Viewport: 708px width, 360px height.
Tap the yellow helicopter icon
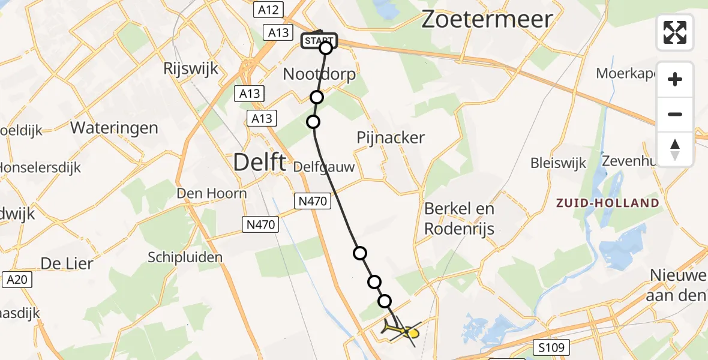click(401, 331)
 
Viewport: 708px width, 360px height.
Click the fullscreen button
click(675, 32)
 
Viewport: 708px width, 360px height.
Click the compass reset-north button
click(675, 149)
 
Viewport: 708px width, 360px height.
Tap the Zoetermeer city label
click(486, 19)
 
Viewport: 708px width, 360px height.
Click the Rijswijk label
click(190, 68)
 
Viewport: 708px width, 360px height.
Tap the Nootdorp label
click(319, 75)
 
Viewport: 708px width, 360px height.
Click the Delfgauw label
click(324, 167)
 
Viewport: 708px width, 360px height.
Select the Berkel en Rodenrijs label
click(459, 218)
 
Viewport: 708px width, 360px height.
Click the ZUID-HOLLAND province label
click(607, 203)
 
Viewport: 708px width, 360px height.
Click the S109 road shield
click(551, 347)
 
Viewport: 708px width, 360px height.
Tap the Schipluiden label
click(185, 257)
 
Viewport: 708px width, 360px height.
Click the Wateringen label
click(114, 128)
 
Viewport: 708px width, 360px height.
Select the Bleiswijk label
click(558, 163)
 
